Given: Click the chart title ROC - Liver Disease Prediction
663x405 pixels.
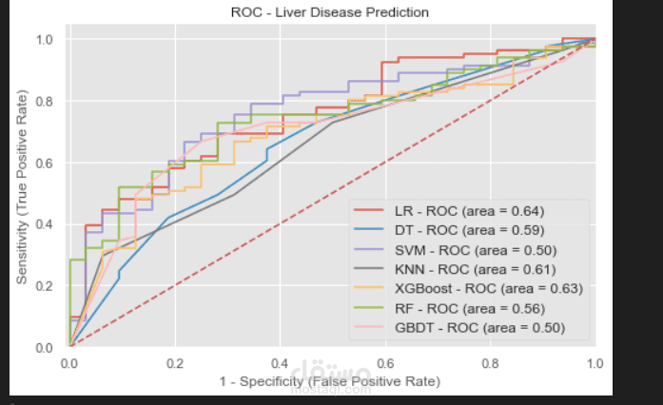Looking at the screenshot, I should pyautogui.click(x=330, y=13).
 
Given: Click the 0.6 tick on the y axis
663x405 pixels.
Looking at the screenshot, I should pyautogui.click(x=44, y=163).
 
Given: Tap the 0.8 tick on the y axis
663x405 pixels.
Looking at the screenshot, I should pyautogui.click(x=44, y=101).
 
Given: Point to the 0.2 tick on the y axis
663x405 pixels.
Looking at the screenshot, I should pyautogui.click(x=44, y=286).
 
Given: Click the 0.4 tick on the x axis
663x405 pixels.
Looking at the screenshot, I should pyautogui.click(x=281, y=364).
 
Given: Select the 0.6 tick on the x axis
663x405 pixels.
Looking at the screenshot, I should pyautogui.click(x=385, y=364).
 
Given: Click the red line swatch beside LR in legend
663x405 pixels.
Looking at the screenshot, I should pyautogui.click(x=371, y=210).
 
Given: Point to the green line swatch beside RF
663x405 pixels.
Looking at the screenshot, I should pyautogui.click(x=371, y=308).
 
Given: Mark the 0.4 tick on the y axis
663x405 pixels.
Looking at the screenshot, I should pyautogui.click(x=44, y=224).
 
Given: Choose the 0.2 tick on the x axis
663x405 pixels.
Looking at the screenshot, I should pyautogui.click(x=175, y=364).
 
